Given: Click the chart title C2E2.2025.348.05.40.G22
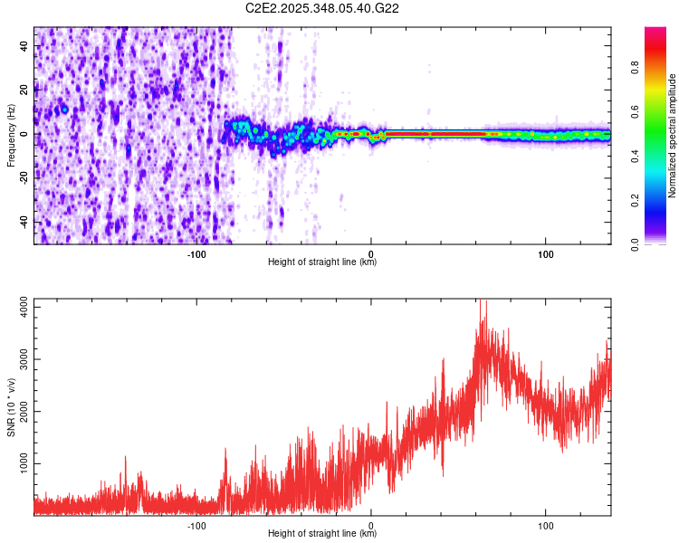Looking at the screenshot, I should point(322,9).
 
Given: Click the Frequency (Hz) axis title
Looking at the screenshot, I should point(11,135).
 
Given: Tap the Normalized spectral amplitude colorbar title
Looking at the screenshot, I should point(673,136).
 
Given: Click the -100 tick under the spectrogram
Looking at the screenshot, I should point(196,254).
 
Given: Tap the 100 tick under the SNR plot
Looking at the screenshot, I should point(546,525).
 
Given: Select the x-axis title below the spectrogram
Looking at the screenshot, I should point(322,262).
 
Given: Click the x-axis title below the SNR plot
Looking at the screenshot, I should point(322,533).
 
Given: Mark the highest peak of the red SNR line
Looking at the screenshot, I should point(482,301).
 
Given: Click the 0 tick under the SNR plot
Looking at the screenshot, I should point(371,525).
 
